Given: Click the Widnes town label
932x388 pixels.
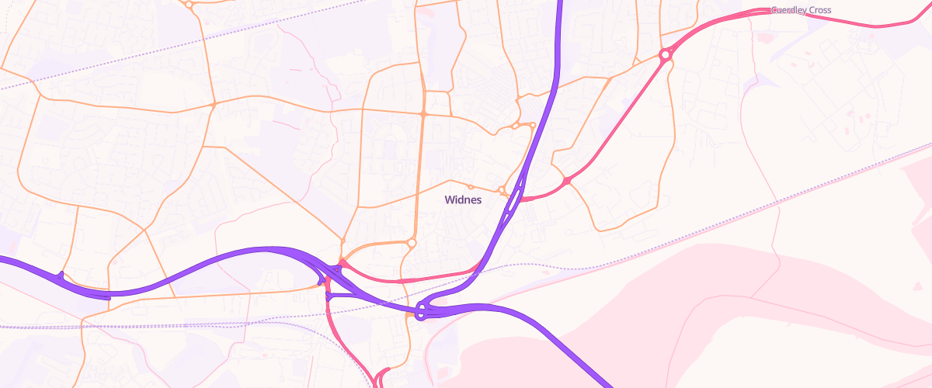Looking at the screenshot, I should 463,199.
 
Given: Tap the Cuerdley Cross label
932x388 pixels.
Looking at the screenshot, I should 801,10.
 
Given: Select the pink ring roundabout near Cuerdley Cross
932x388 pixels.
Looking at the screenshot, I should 665,55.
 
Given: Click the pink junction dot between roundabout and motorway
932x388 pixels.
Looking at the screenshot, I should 568,181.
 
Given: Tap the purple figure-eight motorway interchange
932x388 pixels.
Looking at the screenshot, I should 422,311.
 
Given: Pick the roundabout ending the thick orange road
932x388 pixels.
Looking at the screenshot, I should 412,243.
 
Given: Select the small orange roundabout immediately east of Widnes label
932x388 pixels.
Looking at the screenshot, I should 502,190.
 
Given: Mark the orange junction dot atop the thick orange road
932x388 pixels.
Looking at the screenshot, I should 423,114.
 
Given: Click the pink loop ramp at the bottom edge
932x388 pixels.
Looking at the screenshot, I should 381,378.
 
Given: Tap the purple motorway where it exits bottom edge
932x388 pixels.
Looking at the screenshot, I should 605,383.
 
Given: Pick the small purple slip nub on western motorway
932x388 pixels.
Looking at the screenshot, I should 61,275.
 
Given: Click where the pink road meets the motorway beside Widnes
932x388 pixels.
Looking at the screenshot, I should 522,199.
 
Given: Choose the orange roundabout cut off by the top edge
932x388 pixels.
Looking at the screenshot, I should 189,4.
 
